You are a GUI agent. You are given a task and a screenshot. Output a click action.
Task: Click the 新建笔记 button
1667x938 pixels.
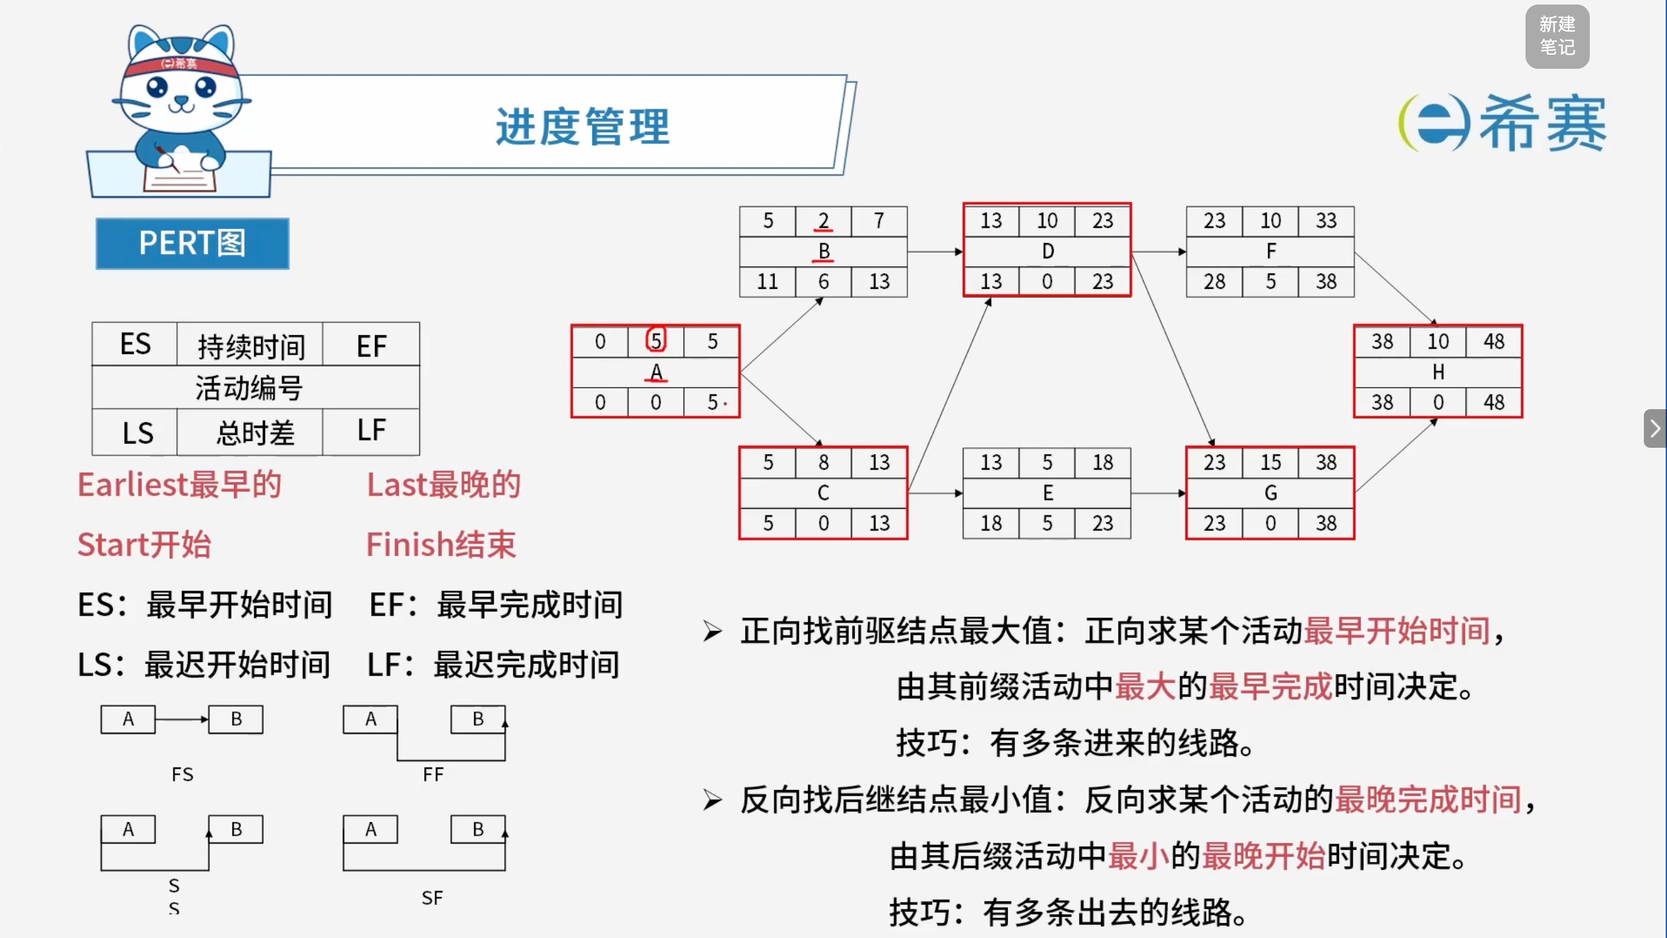point(1557,36)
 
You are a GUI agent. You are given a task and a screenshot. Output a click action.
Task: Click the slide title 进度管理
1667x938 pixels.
point(583,126)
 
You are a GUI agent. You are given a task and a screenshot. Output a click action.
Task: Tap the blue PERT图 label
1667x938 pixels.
point(192,243)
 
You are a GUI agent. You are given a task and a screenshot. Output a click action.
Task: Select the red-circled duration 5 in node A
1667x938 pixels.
point(655,340)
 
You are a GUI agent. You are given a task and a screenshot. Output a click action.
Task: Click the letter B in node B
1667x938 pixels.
point(823,250)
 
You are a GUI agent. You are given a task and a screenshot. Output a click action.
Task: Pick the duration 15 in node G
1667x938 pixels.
point(1270,462)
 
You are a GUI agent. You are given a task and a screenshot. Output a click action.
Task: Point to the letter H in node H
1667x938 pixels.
point(1438,372)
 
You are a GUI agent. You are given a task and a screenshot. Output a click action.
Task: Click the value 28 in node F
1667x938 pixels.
point(1214,282)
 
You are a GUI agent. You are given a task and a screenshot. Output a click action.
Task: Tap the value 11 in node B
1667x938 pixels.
point(767,282)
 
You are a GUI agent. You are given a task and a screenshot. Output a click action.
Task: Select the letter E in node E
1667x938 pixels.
point(1047,493)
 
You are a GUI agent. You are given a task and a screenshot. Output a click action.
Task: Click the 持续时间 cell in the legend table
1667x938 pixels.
point(250,345)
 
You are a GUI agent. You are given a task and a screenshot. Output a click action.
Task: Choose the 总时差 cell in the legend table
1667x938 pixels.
point(255,432)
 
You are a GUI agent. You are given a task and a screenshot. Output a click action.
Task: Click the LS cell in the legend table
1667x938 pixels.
point(137,432)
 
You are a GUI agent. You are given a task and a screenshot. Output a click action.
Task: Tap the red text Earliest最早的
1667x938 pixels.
point(179,484)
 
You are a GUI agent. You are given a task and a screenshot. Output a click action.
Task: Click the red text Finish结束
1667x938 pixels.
point(441,544)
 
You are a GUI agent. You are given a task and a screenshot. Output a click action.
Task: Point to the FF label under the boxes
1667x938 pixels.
point(433,774)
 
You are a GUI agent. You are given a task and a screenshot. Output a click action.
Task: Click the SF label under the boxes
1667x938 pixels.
point(432,898)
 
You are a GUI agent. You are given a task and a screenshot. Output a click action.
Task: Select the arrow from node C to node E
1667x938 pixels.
point(935,493)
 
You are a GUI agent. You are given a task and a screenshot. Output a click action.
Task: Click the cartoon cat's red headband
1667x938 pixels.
point(179,65)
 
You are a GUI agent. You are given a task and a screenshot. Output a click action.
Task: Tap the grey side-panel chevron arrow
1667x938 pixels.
point(1655,428)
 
